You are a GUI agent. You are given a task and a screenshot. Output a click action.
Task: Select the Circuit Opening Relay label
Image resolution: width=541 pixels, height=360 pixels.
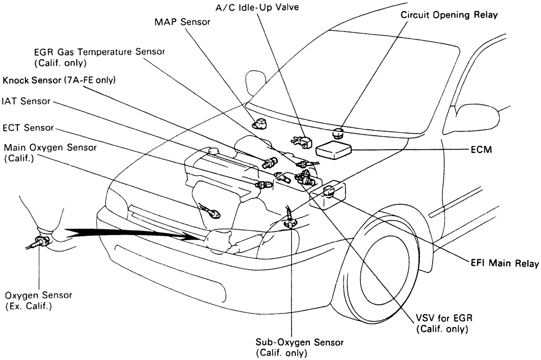pos(448,15)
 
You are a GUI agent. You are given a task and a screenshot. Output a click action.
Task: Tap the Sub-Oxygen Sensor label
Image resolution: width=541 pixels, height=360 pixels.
pos(291,347)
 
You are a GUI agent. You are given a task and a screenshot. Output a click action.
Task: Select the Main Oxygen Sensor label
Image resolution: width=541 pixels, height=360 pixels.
pos(50,152)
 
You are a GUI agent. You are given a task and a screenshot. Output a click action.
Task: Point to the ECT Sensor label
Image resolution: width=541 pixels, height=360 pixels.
pos(28,128)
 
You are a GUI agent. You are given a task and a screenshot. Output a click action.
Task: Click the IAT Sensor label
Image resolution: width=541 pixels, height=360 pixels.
pos(26,101)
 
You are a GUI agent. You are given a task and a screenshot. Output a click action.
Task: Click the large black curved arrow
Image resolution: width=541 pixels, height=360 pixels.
pos(130,234)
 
